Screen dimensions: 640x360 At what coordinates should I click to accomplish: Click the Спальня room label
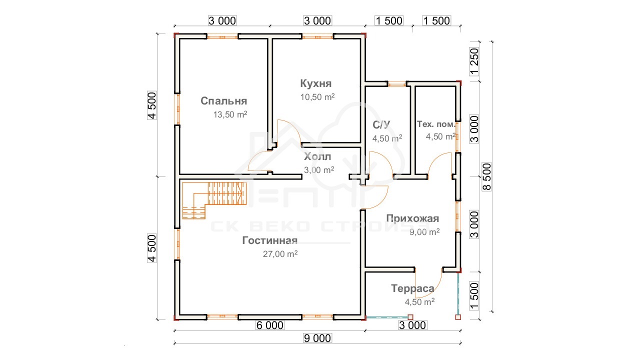tap(223, 101)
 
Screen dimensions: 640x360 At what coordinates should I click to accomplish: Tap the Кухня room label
tap(315, 83)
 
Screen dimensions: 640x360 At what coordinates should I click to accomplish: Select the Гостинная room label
tap(269, 240)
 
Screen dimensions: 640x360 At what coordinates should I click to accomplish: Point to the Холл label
tap(317, 156)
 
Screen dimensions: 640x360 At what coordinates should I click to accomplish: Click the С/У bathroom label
tap(381, 125)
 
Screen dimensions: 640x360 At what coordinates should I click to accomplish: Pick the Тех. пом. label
tap(435, 124)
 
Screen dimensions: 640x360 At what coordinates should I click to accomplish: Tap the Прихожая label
tap(412, 218)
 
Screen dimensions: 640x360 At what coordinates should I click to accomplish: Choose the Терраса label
tap(412, 288)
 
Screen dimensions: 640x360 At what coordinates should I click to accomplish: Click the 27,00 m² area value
tap(280, 254)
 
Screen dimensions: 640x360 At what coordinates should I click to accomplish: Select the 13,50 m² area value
tap(230, 114)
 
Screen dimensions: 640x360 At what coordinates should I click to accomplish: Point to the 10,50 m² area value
tap(317, 97)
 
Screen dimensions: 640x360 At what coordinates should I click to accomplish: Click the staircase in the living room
tap(214, 200)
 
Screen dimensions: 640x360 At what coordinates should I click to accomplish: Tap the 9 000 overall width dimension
tap(317, 338)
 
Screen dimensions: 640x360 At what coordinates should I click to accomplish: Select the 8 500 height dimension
tap(486, 176)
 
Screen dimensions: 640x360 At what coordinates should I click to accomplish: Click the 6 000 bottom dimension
tap(270, 325)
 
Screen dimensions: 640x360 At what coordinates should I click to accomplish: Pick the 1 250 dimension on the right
tap(474, 61)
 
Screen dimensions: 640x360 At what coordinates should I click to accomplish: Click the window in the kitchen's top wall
tap(317, 37)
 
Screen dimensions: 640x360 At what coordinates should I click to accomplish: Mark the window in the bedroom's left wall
tap(177, 109)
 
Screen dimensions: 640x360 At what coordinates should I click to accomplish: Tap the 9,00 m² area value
tap(424, 232)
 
